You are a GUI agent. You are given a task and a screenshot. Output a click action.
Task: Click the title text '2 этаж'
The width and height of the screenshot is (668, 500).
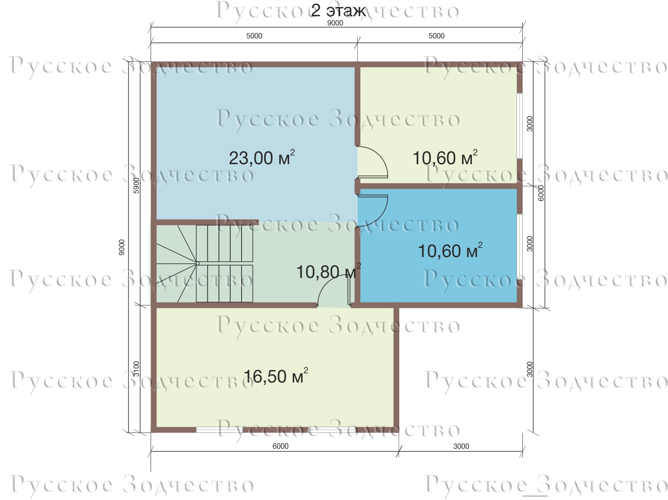click(x=338, y=11)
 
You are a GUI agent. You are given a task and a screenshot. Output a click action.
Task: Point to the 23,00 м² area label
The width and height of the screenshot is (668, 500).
click(x=262, y=157)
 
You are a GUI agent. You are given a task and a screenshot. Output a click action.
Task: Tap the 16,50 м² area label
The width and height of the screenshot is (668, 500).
click(x=276, y=376)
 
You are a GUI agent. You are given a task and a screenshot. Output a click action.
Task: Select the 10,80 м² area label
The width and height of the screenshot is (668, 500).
click(x=328, y=271)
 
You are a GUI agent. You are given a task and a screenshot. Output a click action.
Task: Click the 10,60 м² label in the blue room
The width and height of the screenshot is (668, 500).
click(x=450, y=250)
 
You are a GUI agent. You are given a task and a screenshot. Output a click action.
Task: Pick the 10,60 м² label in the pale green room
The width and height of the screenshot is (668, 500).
click(x=445, y=157)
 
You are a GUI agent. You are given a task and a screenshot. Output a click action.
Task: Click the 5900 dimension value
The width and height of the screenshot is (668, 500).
click(x=136, y=185)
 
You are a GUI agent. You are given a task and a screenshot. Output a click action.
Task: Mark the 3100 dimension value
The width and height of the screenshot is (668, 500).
click(x=136, y=369)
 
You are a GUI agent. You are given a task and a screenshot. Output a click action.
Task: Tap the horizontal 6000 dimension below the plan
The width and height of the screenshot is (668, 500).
click(x=280, y=446)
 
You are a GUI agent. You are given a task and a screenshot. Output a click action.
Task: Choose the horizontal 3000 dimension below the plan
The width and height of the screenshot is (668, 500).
click(x=461, y=446)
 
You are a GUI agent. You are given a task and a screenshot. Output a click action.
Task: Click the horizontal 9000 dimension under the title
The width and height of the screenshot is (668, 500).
click(x=335, y=23)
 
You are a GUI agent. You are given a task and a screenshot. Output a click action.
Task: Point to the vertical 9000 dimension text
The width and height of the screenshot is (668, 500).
click(x=122, y=247)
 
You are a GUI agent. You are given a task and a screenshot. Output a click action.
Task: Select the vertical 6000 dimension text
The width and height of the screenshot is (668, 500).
click(x=541, y=193)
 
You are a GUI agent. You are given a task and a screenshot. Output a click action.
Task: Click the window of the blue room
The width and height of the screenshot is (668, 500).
click(x=519, y=247)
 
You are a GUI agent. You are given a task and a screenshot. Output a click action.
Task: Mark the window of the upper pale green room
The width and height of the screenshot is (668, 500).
click(x=519, y=126)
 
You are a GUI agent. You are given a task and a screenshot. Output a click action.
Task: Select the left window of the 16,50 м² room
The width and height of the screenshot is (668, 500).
click(x=219, y=430)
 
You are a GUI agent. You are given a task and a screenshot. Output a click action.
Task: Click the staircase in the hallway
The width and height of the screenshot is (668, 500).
click(x=204, y=263)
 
